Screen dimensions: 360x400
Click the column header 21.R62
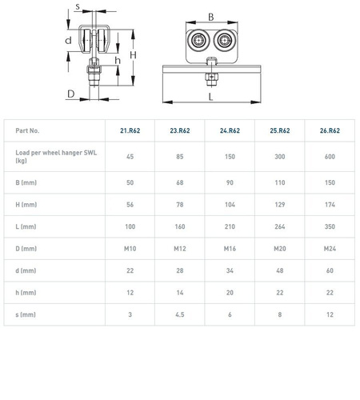130,130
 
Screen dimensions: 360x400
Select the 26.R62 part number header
330,130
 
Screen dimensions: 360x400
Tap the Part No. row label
27,130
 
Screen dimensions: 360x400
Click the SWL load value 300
280,157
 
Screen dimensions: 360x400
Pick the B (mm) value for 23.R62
180,182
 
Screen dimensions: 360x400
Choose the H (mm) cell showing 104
230,205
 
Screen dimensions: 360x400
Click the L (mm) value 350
330,226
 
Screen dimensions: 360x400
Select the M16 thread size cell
230,249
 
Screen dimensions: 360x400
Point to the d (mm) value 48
280,270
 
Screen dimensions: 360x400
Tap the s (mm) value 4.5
180,314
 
